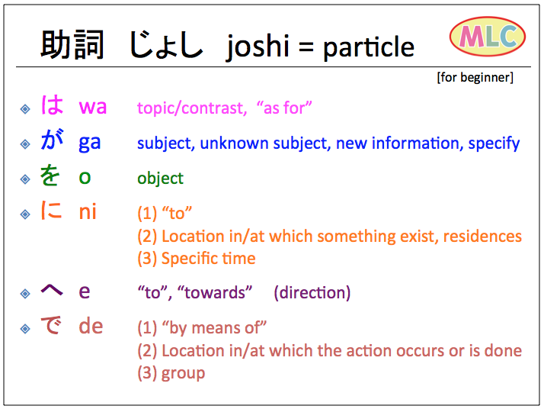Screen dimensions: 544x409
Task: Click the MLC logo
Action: click(488, 36)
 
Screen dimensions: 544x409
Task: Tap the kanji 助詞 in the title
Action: click(72, 45)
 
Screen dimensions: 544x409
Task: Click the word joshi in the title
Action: click(258, 47)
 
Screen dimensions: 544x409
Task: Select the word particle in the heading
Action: click(369, 47)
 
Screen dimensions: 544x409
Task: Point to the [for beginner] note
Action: click(475, 77)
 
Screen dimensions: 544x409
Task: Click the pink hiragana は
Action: click(52, 105)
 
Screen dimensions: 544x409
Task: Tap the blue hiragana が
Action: click(52, 140)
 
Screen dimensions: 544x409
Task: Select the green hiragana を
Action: click(50, 175)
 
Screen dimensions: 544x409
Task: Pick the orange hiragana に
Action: click(51, 210)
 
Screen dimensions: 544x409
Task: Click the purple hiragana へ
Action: click(52, 290)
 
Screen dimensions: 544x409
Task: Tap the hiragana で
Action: click(51, 325)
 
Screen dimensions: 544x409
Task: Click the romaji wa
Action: click(93, 107)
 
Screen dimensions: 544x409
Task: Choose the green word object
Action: click(160, 179)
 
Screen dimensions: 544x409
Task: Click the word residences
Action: click(482, 237)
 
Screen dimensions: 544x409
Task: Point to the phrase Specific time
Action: click(209, 259)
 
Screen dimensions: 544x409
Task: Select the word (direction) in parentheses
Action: click(312, 292)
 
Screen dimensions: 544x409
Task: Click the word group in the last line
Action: click(183, 374)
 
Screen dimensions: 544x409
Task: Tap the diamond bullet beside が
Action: click(25, 143)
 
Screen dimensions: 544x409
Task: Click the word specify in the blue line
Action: click(494, 143)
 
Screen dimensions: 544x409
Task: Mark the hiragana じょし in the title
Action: click(165, 45)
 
